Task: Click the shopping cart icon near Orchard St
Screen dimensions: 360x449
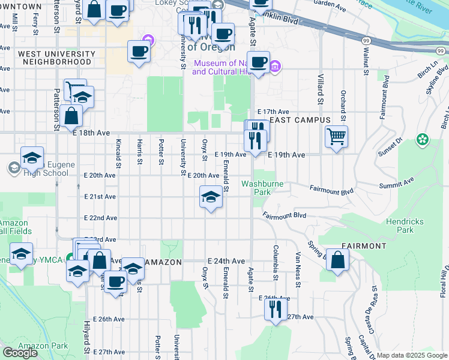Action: [337, 136]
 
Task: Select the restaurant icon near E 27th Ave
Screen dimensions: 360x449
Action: [276, 308]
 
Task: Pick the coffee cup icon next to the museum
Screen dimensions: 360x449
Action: [258, 62]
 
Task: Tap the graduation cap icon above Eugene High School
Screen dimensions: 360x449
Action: [32, 158]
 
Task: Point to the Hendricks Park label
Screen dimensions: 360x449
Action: [400, 226]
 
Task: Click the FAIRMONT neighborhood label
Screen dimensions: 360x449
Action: [364, 246]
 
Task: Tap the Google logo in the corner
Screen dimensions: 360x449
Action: [20, 353]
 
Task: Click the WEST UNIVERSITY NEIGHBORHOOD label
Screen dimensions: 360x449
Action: [57, 58]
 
